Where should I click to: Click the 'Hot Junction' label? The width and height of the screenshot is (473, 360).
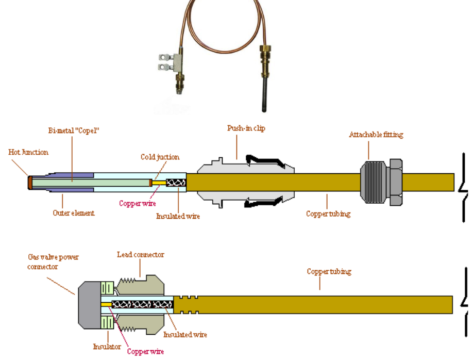click(x=28, y=152)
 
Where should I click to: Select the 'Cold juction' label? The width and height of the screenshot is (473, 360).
click(x=160, y=157)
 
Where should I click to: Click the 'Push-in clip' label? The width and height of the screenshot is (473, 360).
click(x=246, y=128)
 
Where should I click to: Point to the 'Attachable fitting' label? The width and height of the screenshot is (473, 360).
click(x=376, y=135)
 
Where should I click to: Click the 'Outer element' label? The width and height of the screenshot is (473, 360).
click(x=74, y=213)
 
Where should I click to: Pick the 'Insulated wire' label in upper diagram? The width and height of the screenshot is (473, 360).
click(x=178, y=216)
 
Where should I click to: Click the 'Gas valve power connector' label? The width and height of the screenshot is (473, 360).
click(x=53, y=261)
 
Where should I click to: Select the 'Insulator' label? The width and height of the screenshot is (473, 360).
click(x=107, y=347)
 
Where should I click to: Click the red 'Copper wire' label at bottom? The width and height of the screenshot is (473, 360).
click(x=145, y=351)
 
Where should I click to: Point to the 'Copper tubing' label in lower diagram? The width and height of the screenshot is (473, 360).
click(x=329, y=271)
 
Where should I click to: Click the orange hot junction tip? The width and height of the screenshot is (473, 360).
click(x=30, y=182)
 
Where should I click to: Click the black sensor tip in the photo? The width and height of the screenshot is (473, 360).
click(x=265, y=95)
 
